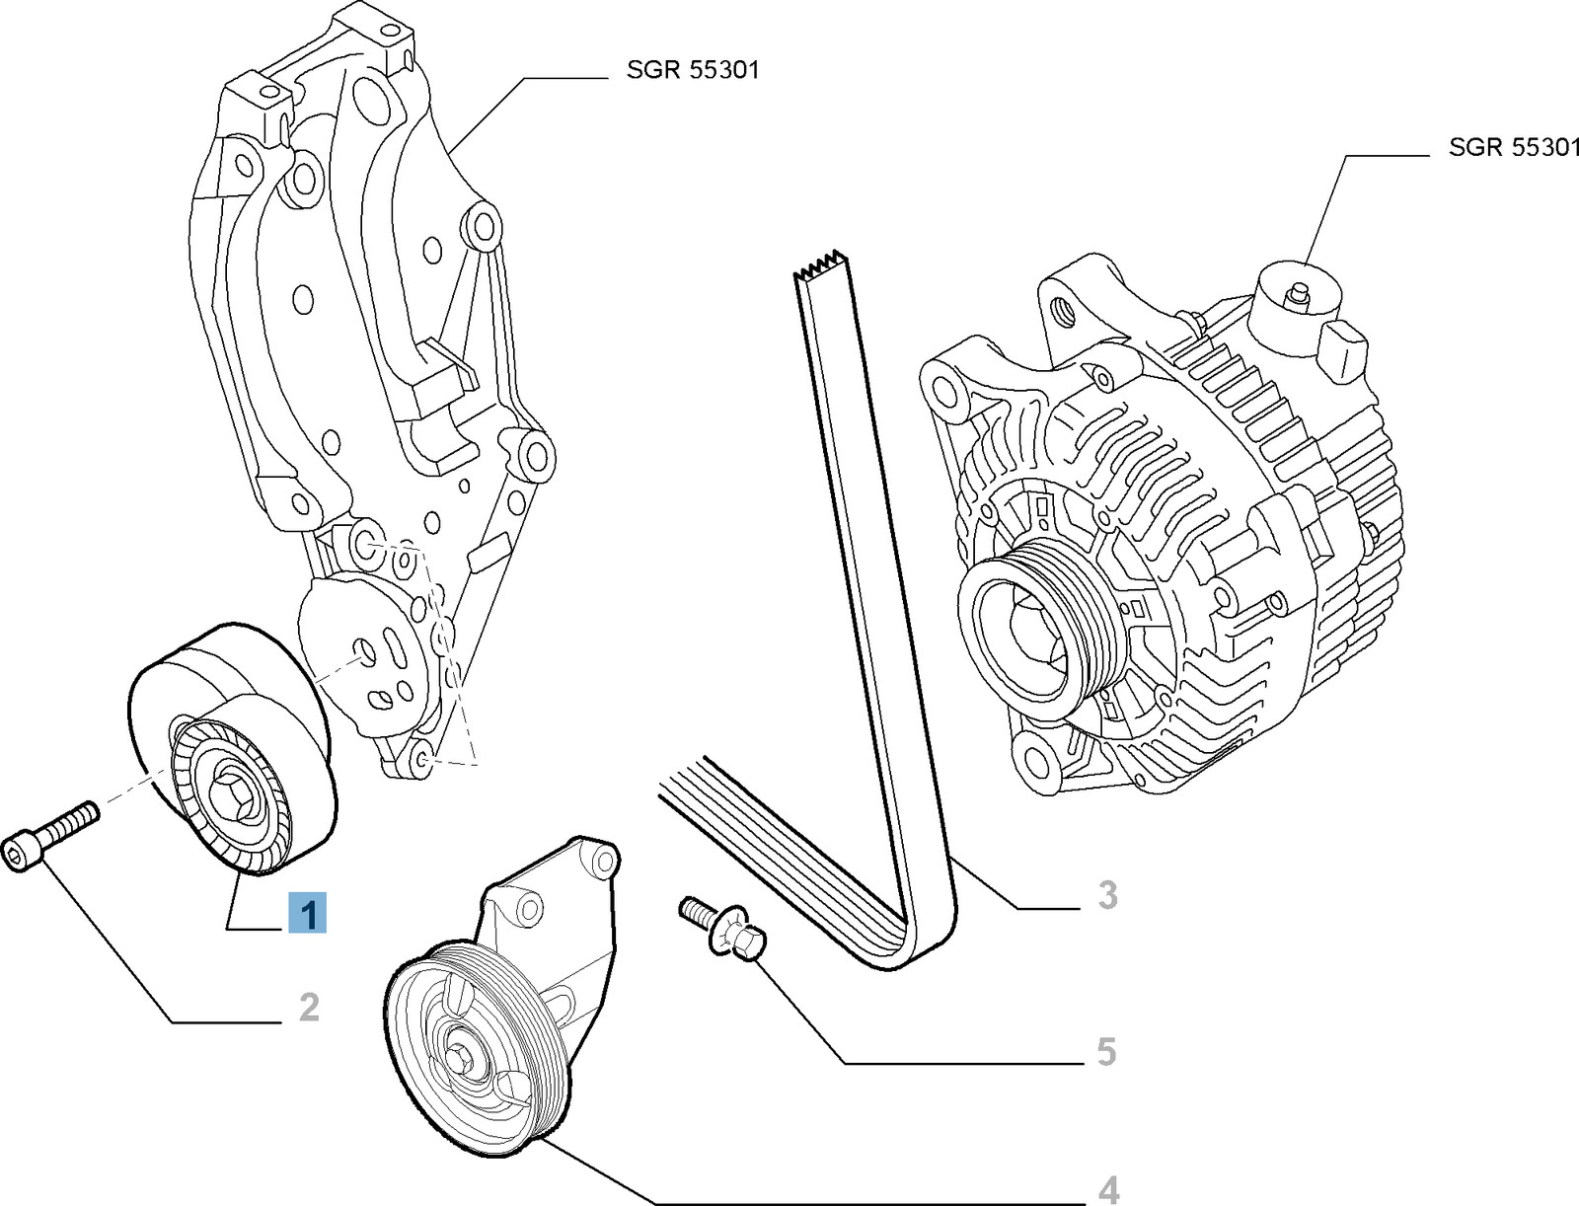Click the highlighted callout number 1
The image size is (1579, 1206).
click(308, 913)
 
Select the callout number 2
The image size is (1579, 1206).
click(309, 1008)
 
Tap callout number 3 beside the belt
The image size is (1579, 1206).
click(1107, 895)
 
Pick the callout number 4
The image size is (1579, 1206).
click(1108, 1188)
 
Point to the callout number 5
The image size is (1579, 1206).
click(1106, 1051)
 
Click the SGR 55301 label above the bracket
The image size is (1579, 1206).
click(693, 70)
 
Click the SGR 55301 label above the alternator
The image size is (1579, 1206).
click(1513, 148)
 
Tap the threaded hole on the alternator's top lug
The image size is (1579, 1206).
click(1064, 311)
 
